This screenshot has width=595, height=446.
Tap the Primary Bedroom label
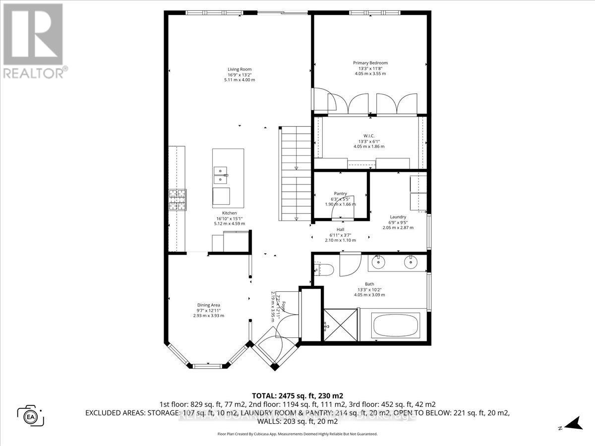(370, 63)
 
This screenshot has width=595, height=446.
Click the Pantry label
(340, 194)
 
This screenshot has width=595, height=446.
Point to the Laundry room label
(398, 217)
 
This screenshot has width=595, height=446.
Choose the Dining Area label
(208, 305)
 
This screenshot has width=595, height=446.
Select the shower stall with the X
(340, 324)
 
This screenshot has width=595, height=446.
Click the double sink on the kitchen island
(221, 171)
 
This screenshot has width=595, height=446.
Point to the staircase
(296, 173)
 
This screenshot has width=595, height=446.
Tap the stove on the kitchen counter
(178, 200)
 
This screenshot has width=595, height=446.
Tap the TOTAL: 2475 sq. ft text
(297, 396)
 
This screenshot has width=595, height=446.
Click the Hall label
(340, 229)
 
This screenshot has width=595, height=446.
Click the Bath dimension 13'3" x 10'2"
(370, 289)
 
